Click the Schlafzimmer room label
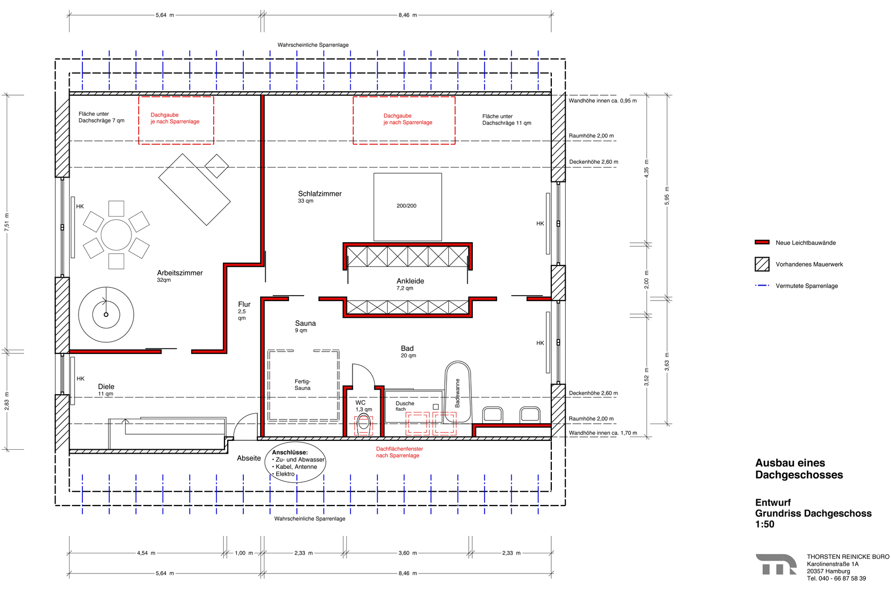[320, 194]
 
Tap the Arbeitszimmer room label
[180, 273]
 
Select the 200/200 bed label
[407, 205]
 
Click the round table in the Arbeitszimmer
[116, 235]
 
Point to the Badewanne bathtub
[458, 393]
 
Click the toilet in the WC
[364, 423]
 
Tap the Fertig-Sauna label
[302, 385]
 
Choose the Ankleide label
[410, 281]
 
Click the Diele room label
[106, 386]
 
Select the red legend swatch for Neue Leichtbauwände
[762, 242]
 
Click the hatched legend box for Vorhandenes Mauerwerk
[762, 264]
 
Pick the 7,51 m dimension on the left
[7, 222]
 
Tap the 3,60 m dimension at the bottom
[408, 553]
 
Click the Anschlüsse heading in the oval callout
[290, 452]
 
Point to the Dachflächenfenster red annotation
[399, 452]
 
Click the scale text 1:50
[765, 524]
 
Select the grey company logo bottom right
[776, 565]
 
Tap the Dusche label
[404, 403]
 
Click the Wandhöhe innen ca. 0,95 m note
[603, 101]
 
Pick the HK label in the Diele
[80, 379]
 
